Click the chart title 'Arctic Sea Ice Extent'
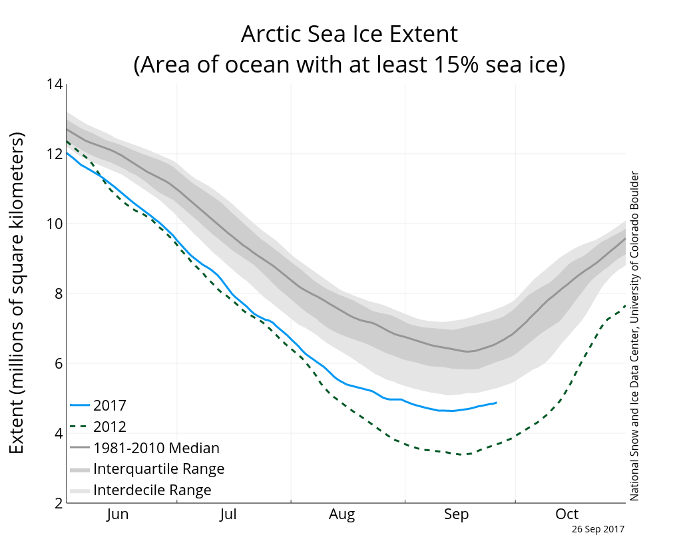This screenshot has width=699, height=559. tap(349, 33)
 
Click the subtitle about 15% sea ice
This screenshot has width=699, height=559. tap(349, 65)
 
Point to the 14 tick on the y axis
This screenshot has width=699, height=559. tap(55, 85)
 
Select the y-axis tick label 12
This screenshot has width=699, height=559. tap(55, 154)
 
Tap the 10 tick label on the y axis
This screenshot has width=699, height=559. tap(55, 224)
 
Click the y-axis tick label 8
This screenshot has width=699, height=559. tap(58, 293)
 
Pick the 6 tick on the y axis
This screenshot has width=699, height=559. tap(58, 363)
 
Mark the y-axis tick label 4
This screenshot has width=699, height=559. tap(58, 433)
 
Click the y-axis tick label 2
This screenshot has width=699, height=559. tap(58, 503)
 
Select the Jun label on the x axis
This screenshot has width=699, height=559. tap(117, 514)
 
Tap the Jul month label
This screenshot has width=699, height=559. tap(228, 514)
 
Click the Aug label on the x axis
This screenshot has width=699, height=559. tap(342, 514)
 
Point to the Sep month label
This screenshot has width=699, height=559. tap(456, 514)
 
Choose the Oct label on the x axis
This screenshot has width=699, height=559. tap(567, 514)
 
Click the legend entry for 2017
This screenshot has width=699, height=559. tap(110, 405)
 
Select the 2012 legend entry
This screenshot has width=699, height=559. tap(110, 427)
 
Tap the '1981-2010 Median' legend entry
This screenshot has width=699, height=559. tap(156, 448)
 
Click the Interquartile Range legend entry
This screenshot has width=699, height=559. tap(158, 469)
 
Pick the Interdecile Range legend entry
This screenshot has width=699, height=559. tap(152, 490)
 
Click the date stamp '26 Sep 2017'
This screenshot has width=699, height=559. tap(598, 529)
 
